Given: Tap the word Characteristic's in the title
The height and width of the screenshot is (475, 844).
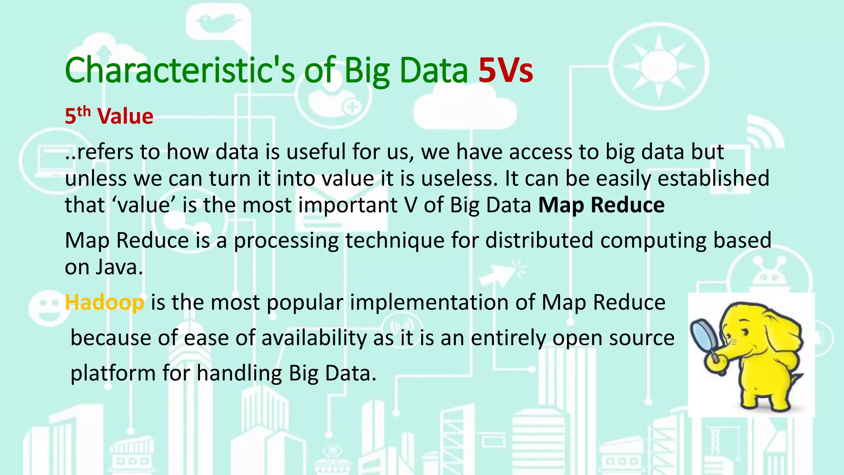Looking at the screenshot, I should pos(180,71).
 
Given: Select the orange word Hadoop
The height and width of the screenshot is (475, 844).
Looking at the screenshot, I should pos(105,302).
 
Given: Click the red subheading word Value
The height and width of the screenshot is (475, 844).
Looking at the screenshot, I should pos(125,116).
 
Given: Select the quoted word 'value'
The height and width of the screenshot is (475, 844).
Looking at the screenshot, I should pos(143,205).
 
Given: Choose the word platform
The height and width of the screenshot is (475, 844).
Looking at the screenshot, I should pos(113,374).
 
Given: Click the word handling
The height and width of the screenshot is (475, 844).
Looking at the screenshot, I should pos(239,374).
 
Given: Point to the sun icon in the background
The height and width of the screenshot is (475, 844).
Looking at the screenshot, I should pos(659,66).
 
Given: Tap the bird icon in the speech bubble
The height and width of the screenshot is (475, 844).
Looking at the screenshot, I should pos(217,24).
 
